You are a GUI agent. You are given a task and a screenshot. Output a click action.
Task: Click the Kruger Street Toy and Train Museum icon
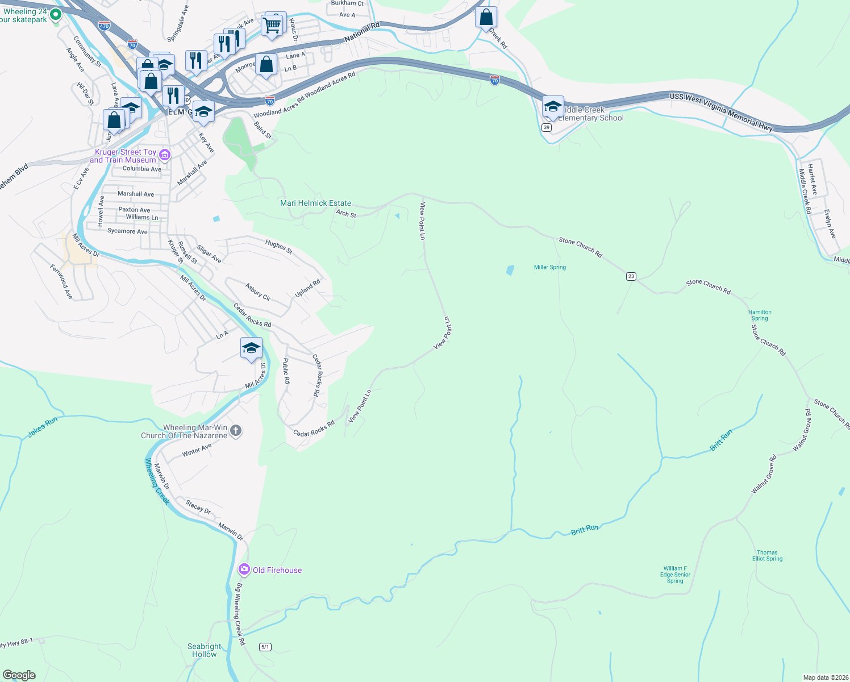(165, 154)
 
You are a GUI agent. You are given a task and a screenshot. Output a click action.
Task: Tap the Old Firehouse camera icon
(244, 569)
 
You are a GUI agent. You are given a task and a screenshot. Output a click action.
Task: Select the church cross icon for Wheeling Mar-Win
(236, 431)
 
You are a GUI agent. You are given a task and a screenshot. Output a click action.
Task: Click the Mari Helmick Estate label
(315, 203)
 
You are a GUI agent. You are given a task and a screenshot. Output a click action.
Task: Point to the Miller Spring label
(549, 267)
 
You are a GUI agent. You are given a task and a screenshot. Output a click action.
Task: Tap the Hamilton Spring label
(760, 315)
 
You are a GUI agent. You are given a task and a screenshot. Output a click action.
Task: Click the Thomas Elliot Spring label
(767, 555)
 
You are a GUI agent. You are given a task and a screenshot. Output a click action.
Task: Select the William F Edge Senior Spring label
(675, 575)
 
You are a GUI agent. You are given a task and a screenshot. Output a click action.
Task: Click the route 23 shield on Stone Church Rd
(631, 276)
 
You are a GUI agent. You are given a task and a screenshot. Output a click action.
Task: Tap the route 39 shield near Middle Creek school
(546, 127)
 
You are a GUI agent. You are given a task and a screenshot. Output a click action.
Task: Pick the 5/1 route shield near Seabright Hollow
(265, 647)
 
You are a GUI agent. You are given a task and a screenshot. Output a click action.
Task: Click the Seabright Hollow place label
(205, 650)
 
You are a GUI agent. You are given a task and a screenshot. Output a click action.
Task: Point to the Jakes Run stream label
(43, 427)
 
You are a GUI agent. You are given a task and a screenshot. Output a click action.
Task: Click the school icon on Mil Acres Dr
(251, 348)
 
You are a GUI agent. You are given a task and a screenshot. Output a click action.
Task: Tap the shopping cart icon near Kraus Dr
(272, 25)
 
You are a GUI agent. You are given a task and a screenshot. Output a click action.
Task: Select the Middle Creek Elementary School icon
(553, 106)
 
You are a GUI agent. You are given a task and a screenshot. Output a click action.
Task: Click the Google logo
(19, 675)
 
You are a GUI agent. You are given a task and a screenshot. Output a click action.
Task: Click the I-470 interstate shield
(104, 26)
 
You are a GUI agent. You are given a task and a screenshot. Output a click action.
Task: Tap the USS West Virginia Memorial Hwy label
(721, 111)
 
